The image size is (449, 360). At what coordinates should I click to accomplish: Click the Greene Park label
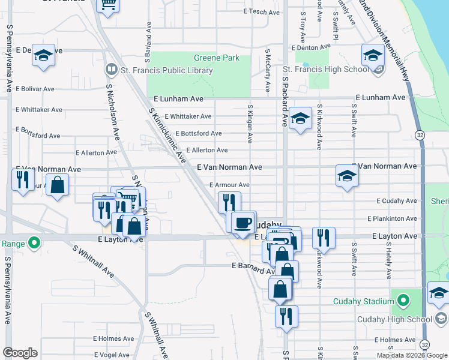[216, 58]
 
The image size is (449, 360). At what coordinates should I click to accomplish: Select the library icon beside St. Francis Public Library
[111, 70]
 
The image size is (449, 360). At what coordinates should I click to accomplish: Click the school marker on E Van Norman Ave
[347, 176]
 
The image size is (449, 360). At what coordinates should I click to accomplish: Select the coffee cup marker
[243, 222]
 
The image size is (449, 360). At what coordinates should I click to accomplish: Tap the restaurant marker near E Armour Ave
[229, 202]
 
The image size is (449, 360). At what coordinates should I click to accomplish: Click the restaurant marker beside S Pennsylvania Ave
[23, 179]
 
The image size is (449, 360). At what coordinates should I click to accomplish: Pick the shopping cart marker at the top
[108, 5]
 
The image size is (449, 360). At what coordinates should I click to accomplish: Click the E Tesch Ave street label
[259, 11]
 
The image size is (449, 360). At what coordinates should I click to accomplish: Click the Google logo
[20, 352]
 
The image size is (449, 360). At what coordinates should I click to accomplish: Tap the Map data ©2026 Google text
[411, 355]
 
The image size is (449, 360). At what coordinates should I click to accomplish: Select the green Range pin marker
[34, 243]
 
